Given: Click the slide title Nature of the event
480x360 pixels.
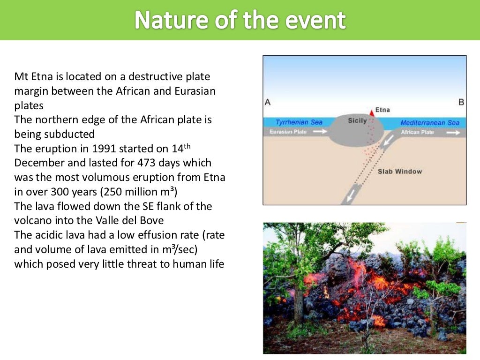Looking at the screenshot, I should [240, 20].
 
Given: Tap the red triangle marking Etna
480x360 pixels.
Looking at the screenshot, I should [371, 112].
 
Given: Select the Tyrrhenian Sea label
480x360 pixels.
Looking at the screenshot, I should [299, 122].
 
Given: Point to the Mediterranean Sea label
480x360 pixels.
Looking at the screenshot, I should [430, 123].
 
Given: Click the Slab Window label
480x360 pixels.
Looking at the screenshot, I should [399, 172].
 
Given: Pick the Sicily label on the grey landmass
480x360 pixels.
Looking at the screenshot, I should [357, 121].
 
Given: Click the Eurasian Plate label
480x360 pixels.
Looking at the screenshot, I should [288, 132].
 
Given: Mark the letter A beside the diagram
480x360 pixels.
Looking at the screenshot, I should [268, 102].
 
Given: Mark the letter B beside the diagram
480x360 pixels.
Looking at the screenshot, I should [461, 102].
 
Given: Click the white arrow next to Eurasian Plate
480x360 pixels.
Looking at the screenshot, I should [320, 132].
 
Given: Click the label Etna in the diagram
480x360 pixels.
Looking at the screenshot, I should [382, 110].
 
